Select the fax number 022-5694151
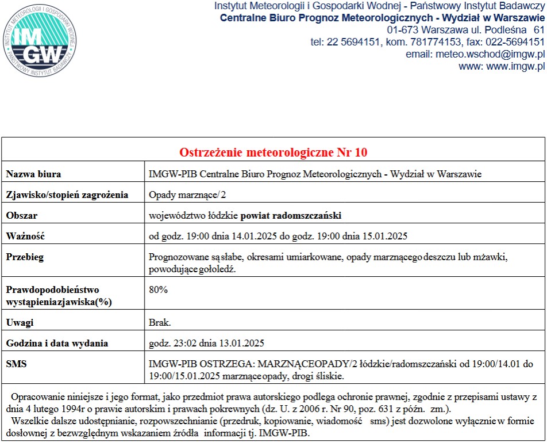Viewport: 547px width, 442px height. (511, 42)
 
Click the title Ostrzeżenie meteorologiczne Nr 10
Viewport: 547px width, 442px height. (273, 153)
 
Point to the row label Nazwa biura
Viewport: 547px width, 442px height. (33, 174)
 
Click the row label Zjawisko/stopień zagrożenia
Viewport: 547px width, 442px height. (67, 195)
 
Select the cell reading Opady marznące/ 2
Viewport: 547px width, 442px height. (179, 195)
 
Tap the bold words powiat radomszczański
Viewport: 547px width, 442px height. (291, 215)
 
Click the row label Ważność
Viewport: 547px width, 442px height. (25, 236)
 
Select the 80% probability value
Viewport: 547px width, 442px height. (158, 289)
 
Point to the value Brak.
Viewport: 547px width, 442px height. (160, 322)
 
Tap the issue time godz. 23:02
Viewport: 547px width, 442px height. (171, 344)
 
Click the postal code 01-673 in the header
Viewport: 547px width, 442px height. (402, 29)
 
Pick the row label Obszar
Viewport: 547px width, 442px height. (22, 215)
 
